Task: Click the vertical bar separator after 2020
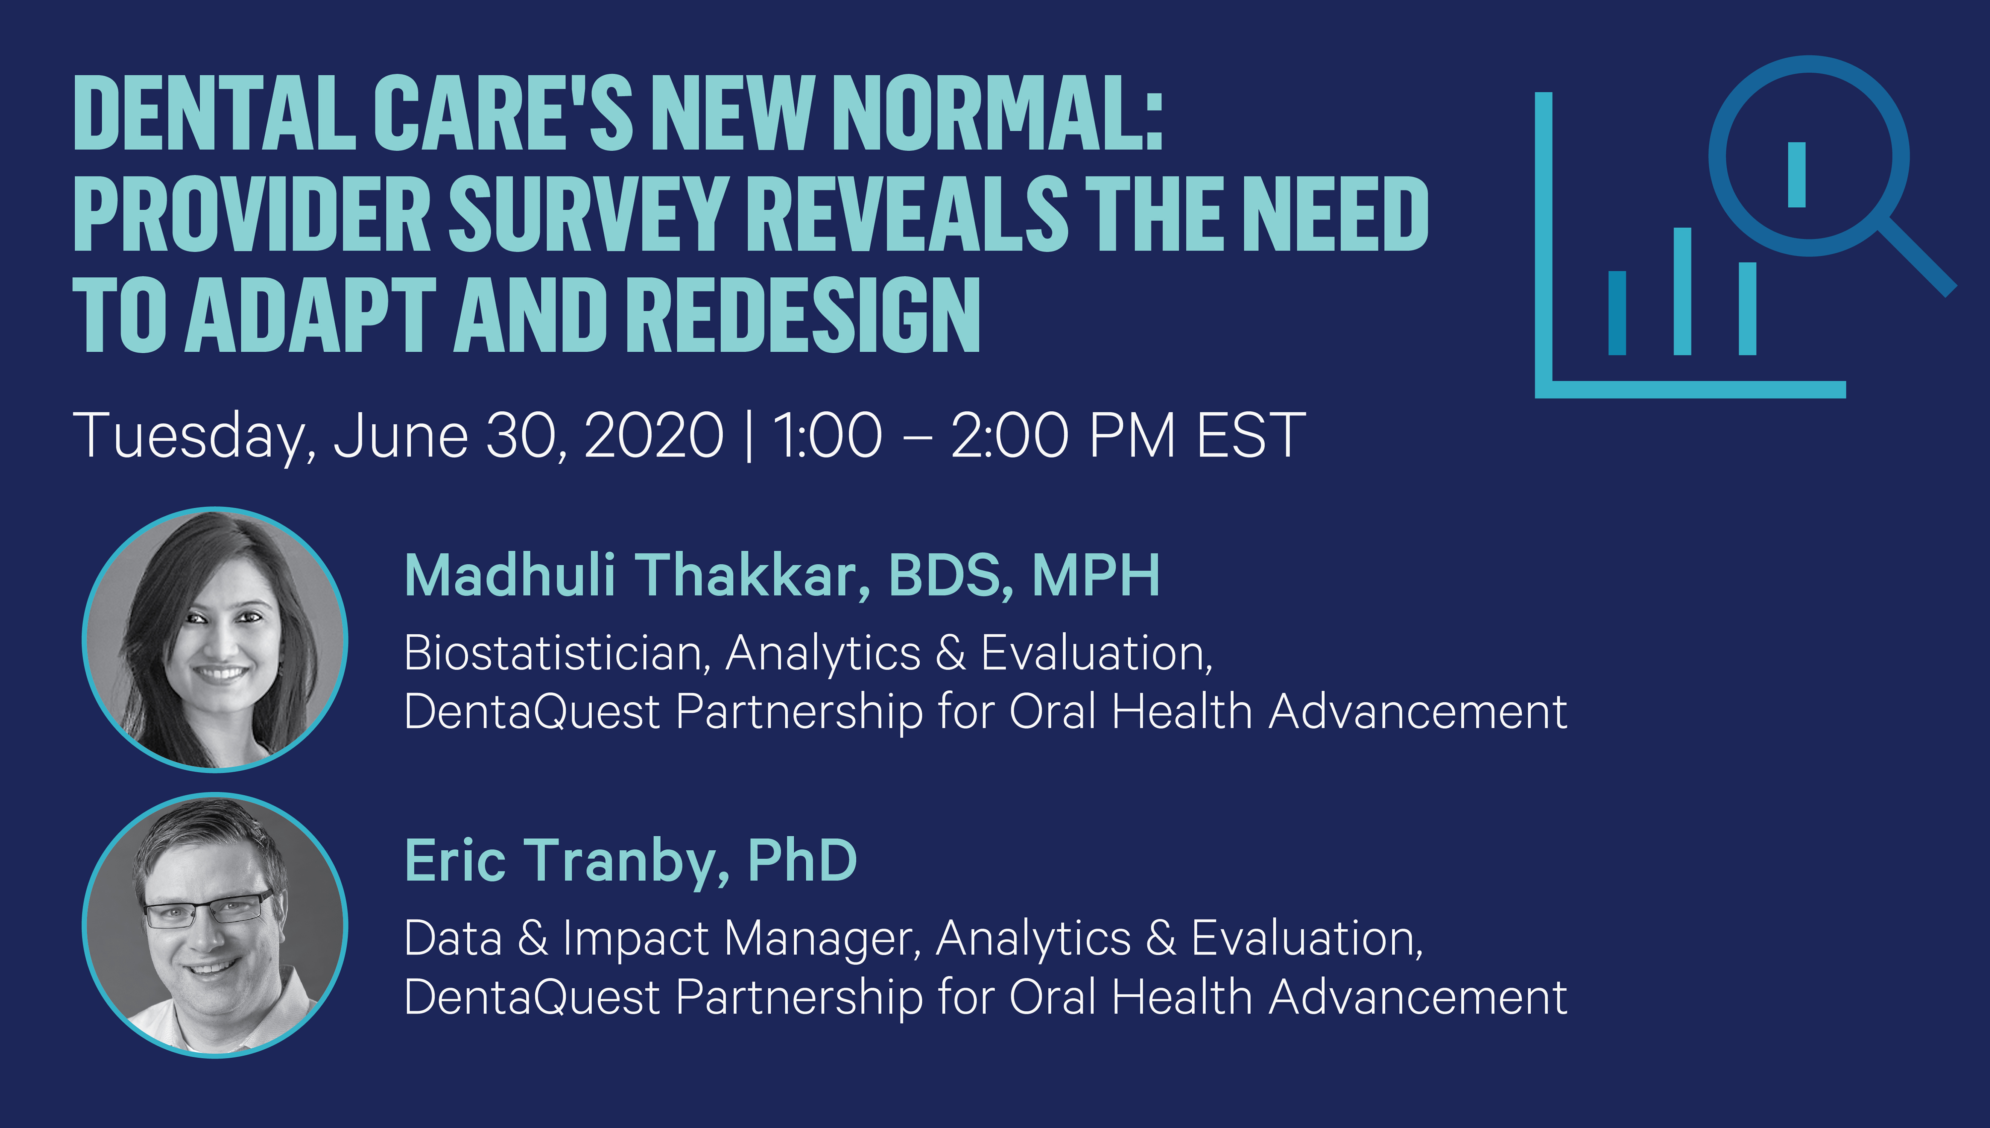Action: coord(748,436)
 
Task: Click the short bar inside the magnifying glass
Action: coord(1796,174)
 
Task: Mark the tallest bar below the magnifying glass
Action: coord(1682,291)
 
